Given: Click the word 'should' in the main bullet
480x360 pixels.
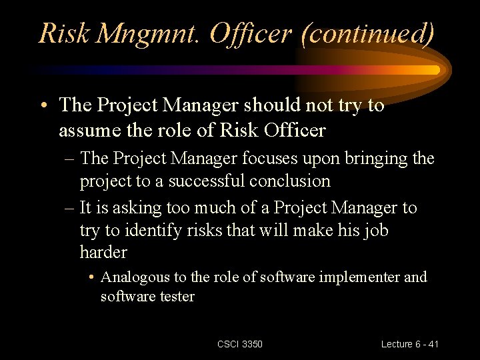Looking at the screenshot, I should [266, 105].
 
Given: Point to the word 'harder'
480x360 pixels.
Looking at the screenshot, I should [103, 253].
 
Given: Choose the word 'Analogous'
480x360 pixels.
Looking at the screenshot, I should [133, 277].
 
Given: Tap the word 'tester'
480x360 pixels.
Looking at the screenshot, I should [176, 297].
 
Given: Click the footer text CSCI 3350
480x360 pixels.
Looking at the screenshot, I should [240, 344].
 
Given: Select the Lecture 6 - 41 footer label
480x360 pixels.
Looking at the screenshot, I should [410, 344].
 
